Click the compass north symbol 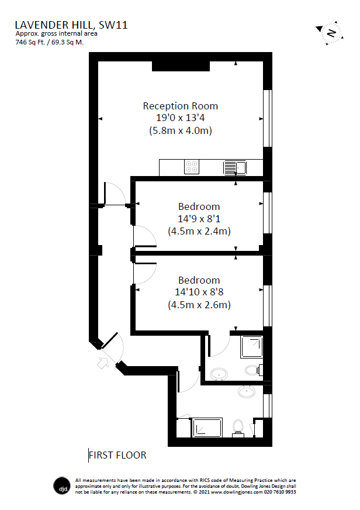tap(330, 33)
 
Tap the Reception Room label tap(181, 106)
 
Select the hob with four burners tap(192, 167)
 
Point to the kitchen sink tap(235, 168)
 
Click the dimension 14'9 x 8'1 tap(199, 219)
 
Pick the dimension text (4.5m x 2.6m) tap(199, 305)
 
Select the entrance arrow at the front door tap(103, 363)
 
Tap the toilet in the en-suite tap(252, 370)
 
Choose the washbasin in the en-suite tap(219, 374)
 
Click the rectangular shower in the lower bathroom tap(207, 428)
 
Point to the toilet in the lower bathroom tap(238, 427)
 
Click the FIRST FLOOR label tap(117, 454)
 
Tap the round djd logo tap(61, 485)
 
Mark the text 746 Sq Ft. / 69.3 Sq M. tap(50, 42)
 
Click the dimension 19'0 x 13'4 tap(181, 118)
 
